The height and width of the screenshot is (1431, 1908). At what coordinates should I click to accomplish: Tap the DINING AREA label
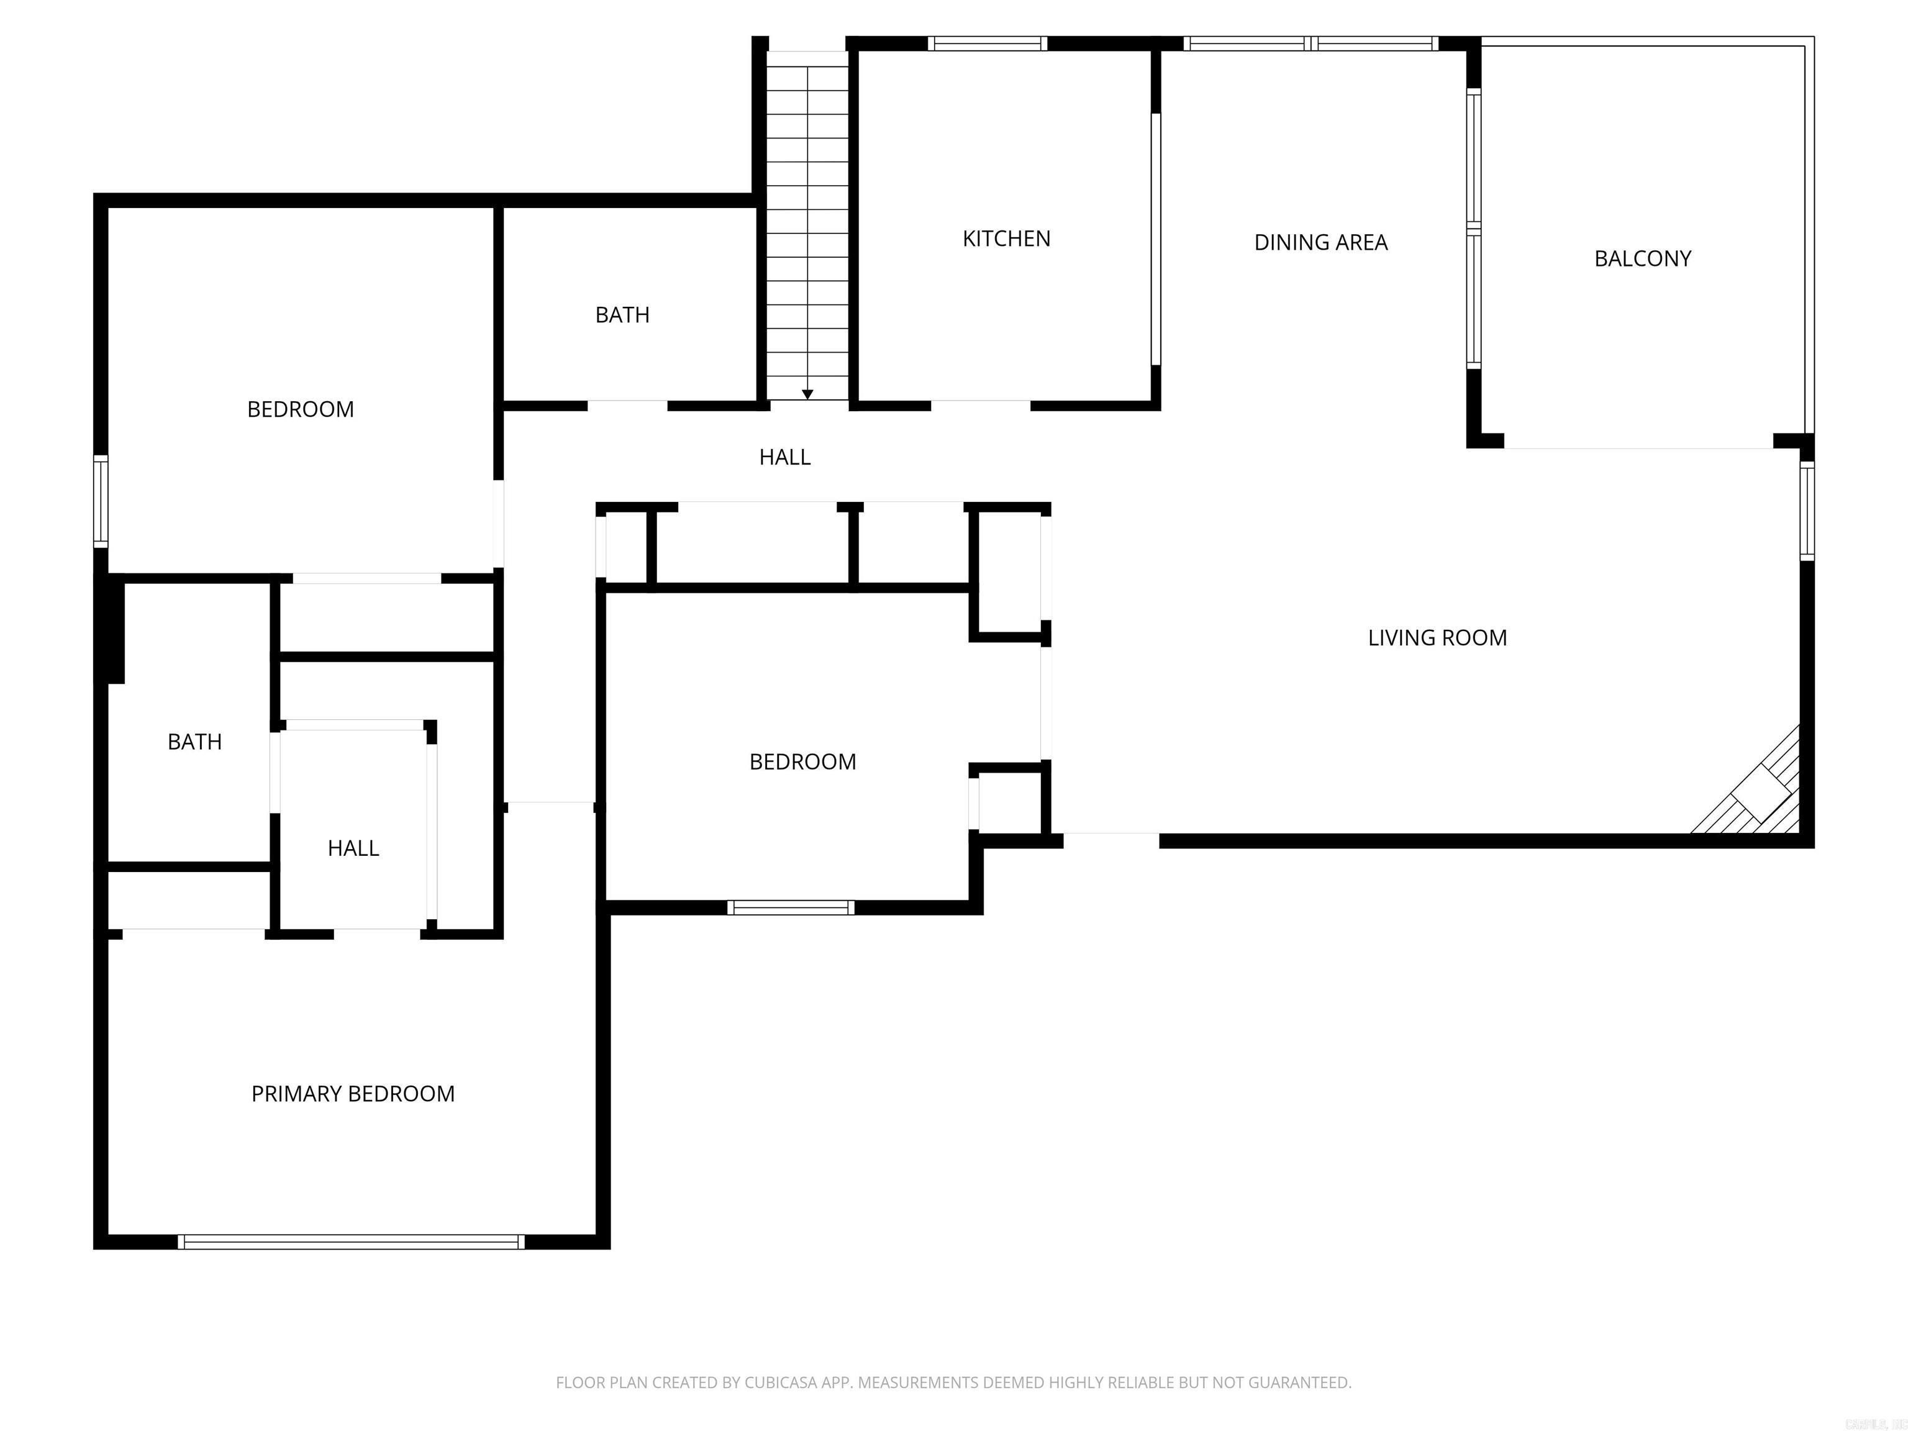tap(1320, 242)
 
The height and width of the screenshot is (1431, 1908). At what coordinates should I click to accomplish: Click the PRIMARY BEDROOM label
tap(352, 1094)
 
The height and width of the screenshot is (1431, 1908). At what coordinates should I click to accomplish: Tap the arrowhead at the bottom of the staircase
tap(807, 394)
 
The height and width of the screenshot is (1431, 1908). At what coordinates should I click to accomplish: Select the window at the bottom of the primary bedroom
tap(351, 1242)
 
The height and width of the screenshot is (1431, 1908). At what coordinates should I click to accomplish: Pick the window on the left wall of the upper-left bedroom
tap(101, 501)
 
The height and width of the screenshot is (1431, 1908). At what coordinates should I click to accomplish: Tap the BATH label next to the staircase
tap(622, 315)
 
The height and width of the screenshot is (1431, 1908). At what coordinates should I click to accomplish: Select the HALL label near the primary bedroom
tap(353, 848)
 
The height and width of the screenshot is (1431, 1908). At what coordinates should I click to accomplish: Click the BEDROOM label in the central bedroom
tap(802, 761)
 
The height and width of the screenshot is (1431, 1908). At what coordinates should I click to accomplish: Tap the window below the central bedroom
tap(790, 907)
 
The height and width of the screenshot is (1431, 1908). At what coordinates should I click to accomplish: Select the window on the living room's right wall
tap(1807, 511)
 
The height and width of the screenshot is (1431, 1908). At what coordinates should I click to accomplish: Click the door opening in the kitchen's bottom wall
tap(981, 406)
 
